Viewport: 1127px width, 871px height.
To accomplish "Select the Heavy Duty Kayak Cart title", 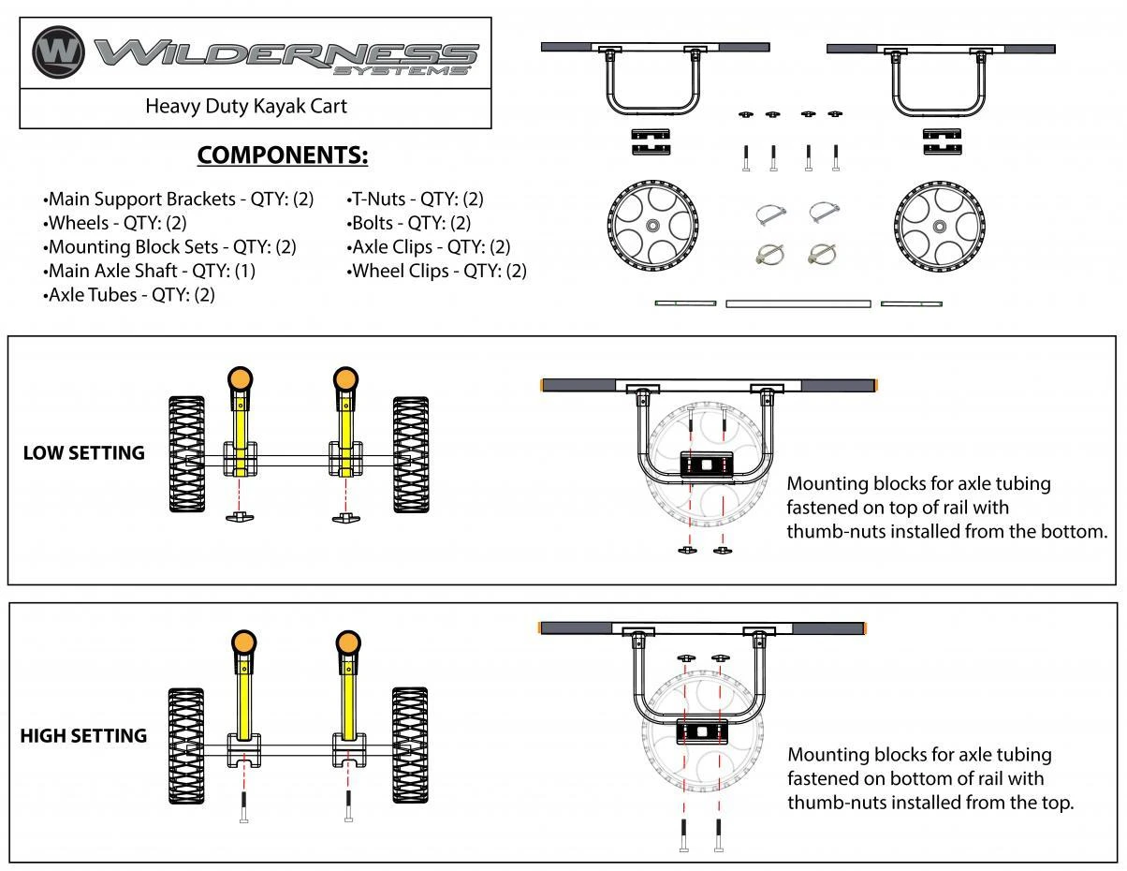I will pyautogui.click(x=246, y=106).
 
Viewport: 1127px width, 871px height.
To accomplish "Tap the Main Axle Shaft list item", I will pyautogui.click(x=149, y=271).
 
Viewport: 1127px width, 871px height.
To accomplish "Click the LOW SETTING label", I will pyautogui.click(x=84, y=452).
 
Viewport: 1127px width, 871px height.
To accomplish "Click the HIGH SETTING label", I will pyautogui.click(x=84, y=735).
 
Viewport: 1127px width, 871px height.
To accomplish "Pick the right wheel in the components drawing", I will pyautogui.click(x=938, y=226).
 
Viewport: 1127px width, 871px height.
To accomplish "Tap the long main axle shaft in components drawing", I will pyautogui.click(x=798, y=303).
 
